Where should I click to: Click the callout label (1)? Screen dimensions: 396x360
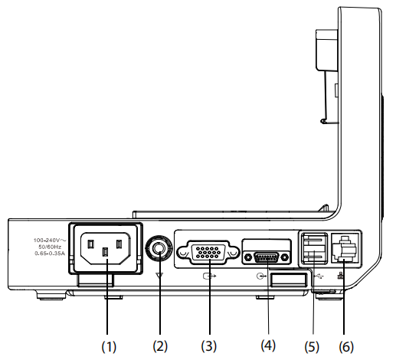(109, 346)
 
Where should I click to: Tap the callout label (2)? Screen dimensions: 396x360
(160, 346)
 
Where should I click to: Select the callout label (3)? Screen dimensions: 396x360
(208, 346)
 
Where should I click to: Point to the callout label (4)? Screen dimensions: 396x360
(268, 345)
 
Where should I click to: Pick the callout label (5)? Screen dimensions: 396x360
(312, 347)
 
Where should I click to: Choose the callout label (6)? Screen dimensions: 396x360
(346, 347)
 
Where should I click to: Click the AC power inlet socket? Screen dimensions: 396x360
(106, 248)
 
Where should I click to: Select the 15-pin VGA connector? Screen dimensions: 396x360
(208, 252)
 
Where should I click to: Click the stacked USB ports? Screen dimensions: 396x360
(314, 249)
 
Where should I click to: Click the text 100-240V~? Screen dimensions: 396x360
(50, 240)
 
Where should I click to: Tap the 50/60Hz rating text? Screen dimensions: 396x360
(50, 247)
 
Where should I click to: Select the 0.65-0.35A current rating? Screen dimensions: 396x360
(50, 254)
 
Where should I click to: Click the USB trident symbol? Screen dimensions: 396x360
(319, 276)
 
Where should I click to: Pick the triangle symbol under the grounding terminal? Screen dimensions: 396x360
(159, 275)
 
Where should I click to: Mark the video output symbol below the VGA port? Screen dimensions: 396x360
(210, 276)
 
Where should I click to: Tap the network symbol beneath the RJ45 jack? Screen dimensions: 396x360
(340, 275)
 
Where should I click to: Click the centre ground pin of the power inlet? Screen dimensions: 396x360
(105, 252)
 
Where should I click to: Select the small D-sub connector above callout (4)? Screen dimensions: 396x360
(267, 257)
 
